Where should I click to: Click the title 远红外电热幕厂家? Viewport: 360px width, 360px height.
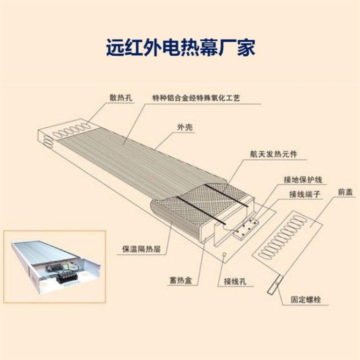tap(180, 48)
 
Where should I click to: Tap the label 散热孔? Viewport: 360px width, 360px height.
tap(121, 97)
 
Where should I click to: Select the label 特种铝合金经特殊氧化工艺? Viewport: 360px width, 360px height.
tap(196, 98)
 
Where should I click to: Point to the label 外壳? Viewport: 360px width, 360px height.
tap(185, 127)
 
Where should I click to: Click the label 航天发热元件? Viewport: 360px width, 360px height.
tap(274, 154)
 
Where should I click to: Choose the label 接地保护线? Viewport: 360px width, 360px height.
tap(303, 180)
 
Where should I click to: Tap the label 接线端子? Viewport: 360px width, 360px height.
tap(305, 194)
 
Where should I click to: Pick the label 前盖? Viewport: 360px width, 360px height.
tap(345, 192)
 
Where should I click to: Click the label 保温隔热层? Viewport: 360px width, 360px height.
tap(142, 249)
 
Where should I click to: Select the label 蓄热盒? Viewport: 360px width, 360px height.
tap(180, 280)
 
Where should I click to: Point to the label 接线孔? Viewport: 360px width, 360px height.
tap(235, 281)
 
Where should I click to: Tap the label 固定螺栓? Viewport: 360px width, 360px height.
tap(306, 300)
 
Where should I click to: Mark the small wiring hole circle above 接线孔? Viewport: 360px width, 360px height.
tap(225, 254)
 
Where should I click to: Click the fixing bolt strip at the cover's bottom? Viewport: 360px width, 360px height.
tap(275, 284)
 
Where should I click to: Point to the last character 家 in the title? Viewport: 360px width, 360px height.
tap(246, 48)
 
